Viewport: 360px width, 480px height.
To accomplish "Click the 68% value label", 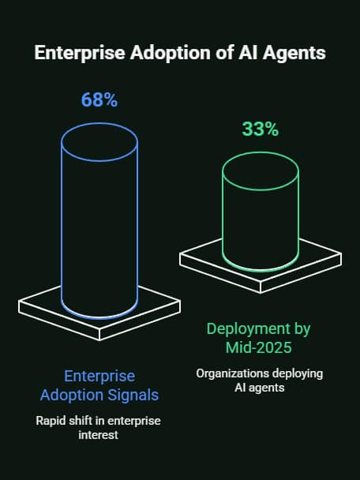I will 99,100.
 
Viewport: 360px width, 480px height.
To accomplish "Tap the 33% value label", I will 260,129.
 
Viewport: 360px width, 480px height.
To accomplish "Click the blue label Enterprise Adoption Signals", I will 99,386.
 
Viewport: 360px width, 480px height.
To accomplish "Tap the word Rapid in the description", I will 51,421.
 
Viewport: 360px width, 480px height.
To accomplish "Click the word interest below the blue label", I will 99,435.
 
